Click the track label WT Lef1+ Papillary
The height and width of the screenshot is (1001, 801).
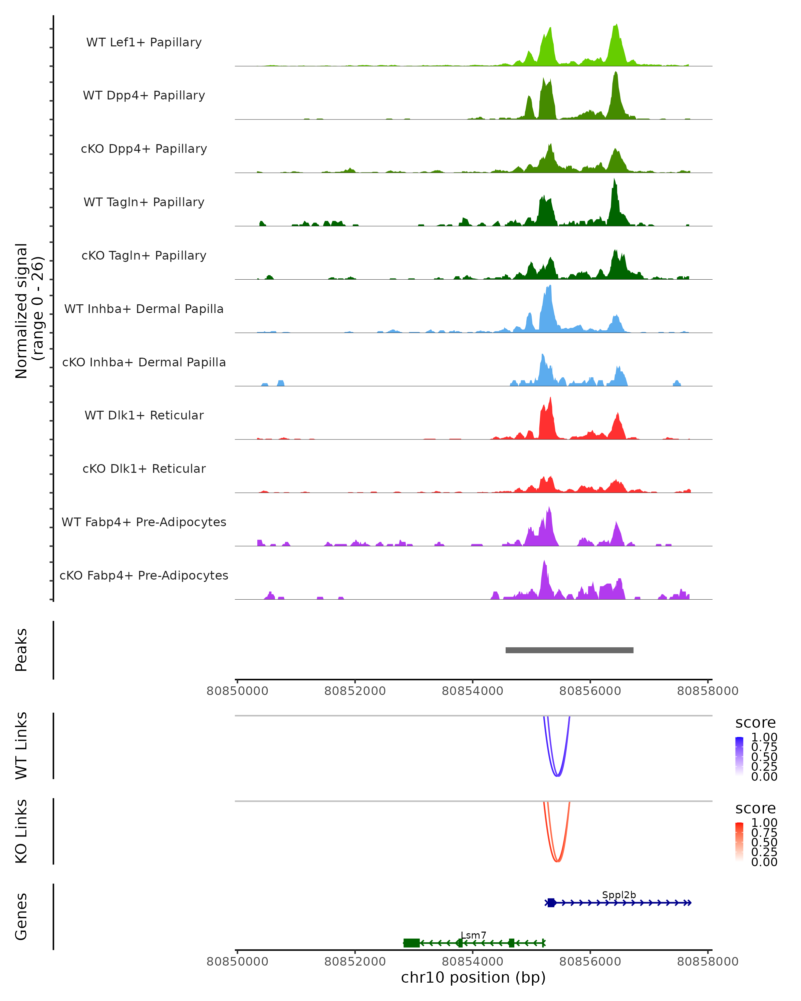(x=144, y=42)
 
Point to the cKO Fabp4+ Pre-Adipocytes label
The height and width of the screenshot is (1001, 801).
(x=144, y=575)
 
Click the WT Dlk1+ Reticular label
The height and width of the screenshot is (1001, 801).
(x=144, y=415)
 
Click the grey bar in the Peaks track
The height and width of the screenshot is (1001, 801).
(x=569, y=650)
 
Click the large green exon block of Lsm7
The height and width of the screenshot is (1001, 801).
(x=412, y=943)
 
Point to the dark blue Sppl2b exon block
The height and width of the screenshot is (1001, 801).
(x=551, y=903)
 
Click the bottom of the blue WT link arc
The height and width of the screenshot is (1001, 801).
(x=557, y=776)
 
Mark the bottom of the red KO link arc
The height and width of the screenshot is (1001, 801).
(x=557, y=861)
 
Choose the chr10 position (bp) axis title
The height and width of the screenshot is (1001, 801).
(x=473, y=977)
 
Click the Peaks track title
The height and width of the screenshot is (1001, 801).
(x=21, y=650)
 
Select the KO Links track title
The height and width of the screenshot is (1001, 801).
(x=21, y=831)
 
